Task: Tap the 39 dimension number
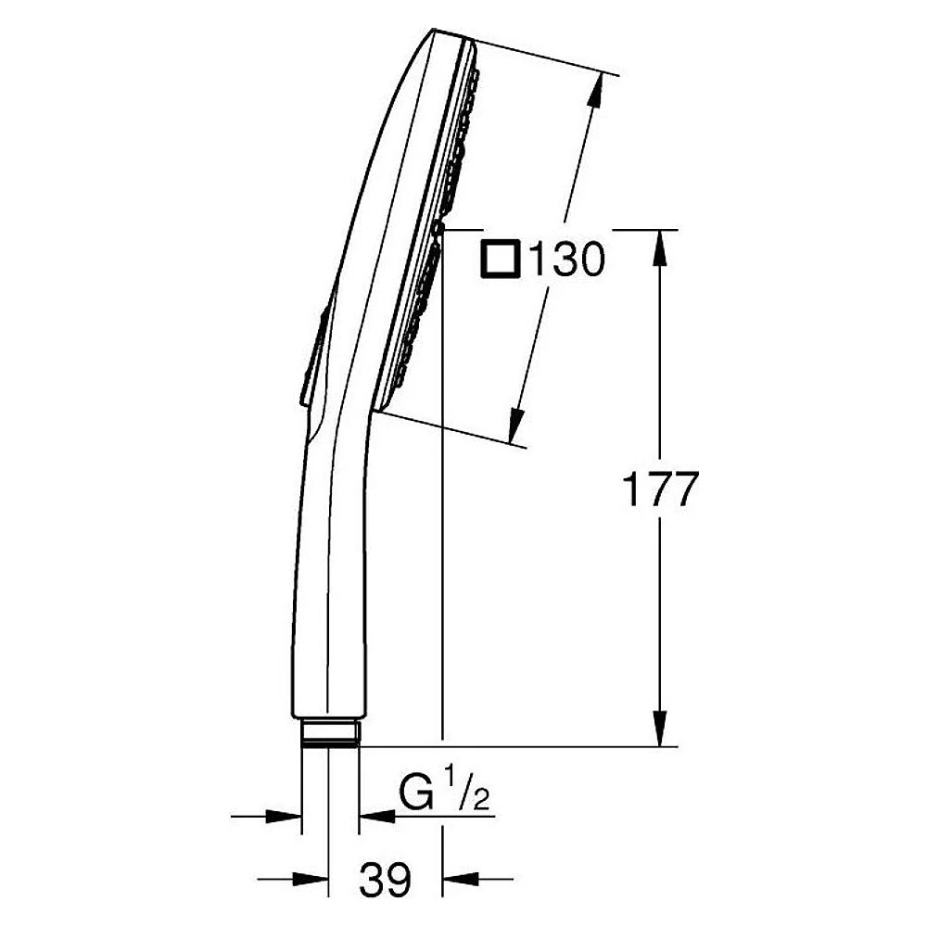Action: point(385,879)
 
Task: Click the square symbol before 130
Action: point(501,259)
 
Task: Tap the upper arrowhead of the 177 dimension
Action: point(660,248)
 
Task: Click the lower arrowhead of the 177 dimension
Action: point(660,728)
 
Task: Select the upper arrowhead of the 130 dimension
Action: point(595,92)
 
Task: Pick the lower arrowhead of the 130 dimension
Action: point(517,425)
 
